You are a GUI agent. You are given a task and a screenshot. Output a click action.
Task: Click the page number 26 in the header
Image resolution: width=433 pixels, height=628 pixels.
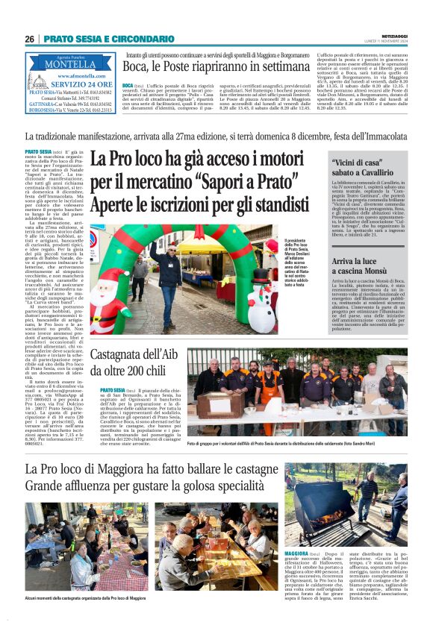tap(30, 39)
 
